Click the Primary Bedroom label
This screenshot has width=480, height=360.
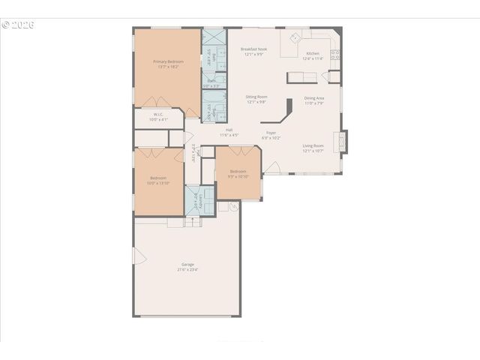pyautogui.click(x=168, y=61)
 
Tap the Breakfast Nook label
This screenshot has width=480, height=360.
pyautogui.click(x=253, y=49)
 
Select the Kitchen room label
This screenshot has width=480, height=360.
pyautogui.click(x=312, y=54)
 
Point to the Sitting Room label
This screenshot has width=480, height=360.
pyautogui.click(x=256, y=97)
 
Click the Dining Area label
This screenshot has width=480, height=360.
pyautogui.click(x=314, y=98)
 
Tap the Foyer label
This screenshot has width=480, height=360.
pyautogui.click(x=271, y=133)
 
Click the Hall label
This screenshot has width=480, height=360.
pyautogui.click(x=229, y=130)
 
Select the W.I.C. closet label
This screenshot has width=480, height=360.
pyautogui.click(x=157, y=115)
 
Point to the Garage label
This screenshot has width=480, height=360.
pyautogui.click(x=187, y=264)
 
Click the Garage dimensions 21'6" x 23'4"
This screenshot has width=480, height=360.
pyautogui.click(x=187, y=269)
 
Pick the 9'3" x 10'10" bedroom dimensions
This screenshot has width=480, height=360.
pyautogui.click(x=238, y=177)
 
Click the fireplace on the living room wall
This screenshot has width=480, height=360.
pyautogui.click(x=343, y=141)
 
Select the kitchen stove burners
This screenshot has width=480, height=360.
pyautogui.click(x=335, y=54)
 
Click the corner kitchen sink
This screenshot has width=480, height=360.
pyautogui.click(x=295, y=37)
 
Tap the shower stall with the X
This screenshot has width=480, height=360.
pyautogui.click(x=214, y=37)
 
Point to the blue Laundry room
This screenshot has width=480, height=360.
pyautogui.click(x=194, y=201)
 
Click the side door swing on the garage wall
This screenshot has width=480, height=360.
pyautogui.click(x=139, y=256)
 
